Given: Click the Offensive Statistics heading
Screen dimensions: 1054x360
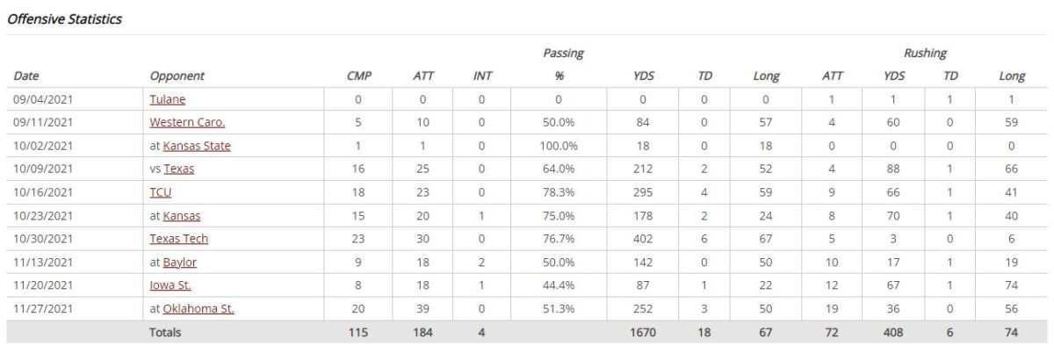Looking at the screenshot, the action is [x=64, y=18].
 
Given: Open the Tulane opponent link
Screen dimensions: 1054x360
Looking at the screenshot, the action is [x=168, y=99].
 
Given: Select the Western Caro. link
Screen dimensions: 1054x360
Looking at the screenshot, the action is [x=187, y=122].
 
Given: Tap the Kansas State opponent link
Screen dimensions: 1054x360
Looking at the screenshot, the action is [x=197, y=146].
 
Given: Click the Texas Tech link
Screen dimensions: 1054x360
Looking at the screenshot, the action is [x=179, y=239].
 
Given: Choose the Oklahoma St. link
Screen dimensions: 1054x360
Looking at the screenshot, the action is [x=199, y=309].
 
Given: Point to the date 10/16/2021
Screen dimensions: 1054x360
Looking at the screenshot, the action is [x=43, y=192].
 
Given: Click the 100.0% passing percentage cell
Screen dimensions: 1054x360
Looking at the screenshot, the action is [x=559, y=146].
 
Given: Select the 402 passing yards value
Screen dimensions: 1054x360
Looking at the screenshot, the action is [x=643, y=239].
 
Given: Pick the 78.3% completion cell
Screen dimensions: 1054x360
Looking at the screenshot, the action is [x=559, y=192].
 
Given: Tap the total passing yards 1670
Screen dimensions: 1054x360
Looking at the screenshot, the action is [x=643, y=332].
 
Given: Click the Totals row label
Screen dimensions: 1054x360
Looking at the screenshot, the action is [x=165, y=332].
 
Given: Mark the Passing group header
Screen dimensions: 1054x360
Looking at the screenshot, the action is [x=563, y=54].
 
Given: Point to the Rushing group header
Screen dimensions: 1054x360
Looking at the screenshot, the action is [x=925, y=54].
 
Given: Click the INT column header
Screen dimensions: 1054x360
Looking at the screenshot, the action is [x=482, y=76].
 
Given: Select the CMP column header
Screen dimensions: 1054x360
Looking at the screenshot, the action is [x=359, y=76].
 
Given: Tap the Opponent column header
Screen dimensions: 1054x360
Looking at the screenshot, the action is [x=177, y=76].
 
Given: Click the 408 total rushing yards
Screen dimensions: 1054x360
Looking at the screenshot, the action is [x=893, y=332].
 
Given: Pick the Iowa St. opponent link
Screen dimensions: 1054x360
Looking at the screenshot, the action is [x=170, y=285].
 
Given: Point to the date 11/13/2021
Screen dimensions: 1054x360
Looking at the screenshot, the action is [x=43, y=263].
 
